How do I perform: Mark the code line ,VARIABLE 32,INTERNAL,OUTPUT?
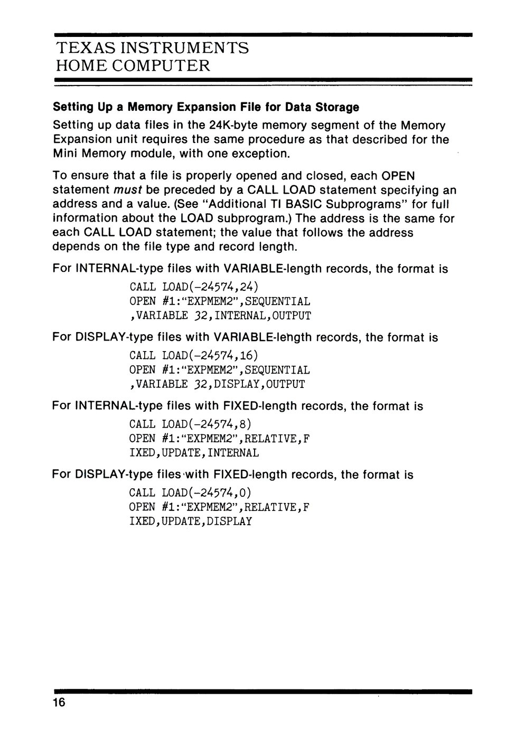(220, 316)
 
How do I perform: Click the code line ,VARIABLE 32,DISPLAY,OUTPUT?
(217, 384)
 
